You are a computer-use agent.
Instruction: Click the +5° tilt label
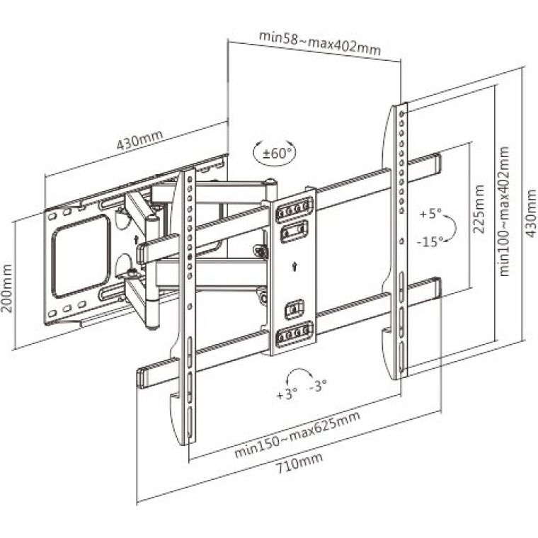pyautogui.click(x=430, y=213)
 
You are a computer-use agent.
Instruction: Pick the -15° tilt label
pyautogui.click(x=430, y=241)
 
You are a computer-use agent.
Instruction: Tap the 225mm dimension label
pyautogui.click(x=480, y=210)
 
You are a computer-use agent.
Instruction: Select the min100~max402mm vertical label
pyautogui.click(x=504, y=211)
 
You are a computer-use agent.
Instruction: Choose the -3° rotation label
pyautogui.click(x=319, y=387)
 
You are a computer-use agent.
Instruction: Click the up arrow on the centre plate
pyautogui.click(x=294, y=268)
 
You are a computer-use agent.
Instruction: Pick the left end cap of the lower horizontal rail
pyautogui.click(x=142, y=375)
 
